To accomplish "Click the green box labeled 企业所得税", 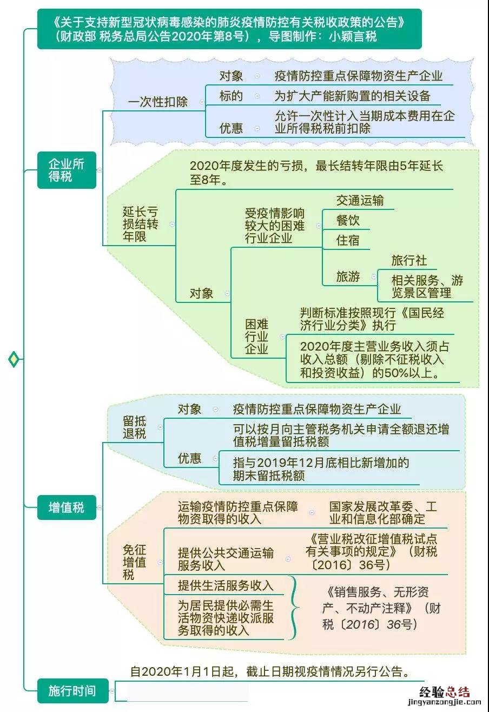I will (67, 170).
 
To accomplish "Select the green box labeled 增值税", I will (67, 507).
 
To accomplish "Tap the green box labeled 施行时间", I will (72, 691).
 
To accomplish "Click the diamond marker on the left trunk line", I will (14, 359).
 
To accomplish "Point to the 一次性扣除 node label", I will (157, 102).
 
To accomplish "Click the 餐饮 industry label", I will (348, 220).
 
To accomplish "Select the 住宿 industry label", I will (348, 240).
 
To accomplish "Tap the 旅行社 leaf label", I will (409, 260).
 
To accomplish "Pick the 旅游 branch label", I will (348, 276).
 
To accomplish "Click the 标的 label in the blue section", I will (231, 96).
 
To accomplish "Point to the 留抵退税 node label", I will (134, 427).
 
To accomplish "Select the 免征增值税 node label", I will (134, 562).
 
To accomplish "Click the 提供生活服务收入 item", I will (226, 585).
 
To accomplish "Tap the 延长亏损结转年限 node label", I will (140, 224).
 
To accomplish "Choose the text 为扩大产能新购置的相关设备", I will (352, 96).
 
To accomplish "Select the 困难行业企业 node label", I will (256, 336).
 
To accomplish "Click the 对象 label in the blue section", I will (231, 76).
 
